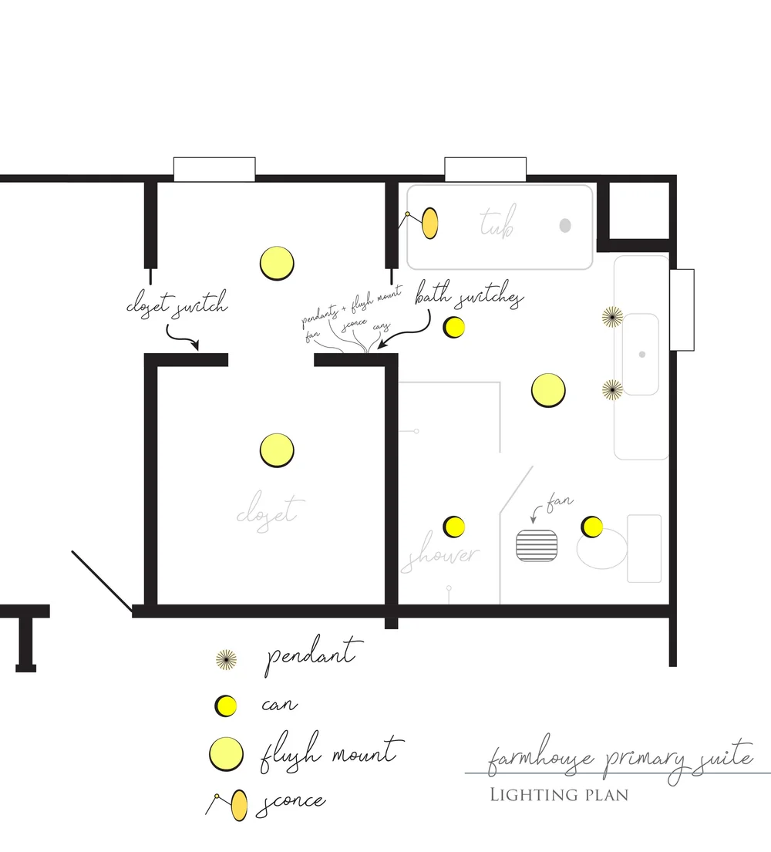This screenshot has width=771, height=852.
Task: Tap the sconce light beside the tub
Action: [429, 223]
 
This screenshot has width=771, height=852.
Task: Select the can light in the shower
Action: [454, 527]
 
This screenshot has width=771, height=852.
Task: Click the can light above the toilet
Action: [591, 527]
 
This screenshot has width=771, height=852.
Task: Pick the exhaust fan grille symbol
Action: [537, 544]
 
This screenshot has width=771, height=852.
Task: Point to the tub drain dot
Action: [565, 225]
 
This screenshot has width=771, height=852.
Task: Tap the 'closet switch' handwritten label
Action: [177, 305]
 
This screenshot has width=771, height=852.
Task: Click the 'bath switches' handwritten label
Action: [469, 297]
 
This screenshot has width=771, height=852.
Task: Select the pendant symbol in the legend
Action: [226, 658]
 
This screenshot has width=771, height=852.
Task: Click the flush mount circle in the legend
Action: [226, 753]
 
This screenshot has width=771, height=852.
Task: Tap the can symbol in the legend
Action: [225, 705]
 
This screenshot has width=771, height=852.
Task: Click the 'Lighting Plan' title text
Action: [559, 794]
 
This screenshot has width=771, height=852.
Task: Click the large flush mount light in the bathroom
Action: [548, 390]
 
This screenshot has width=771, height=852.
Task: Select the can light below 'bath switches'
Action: [454, 328]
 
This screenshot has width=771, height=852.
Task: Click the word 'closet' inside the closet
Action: [266, 511]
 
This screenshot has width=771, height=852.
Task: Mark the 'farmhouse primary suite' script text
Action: [619, 759]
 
